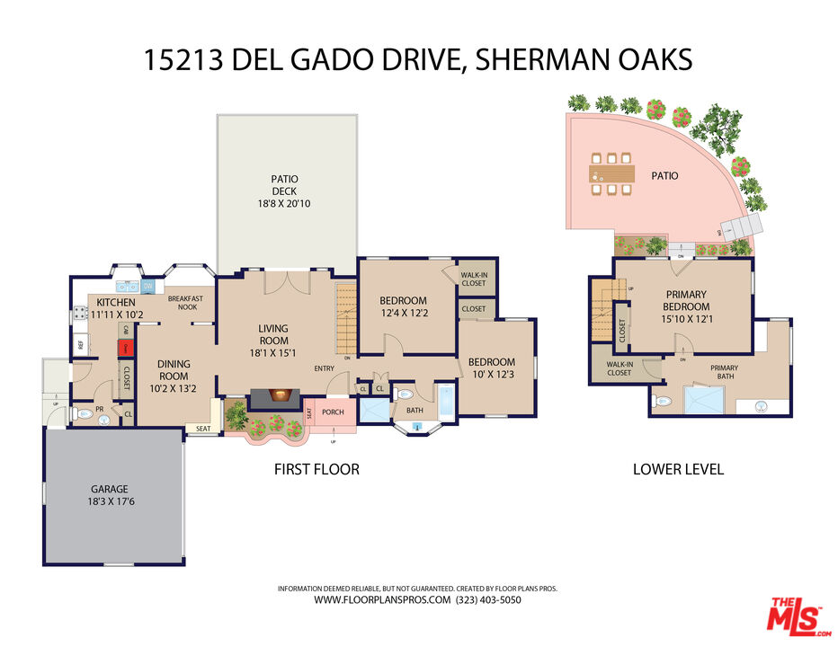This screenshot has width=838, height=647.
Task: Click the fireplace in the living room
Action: pos(277,396)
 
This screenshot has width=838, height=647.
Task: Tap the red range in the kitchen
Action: pos(127,347)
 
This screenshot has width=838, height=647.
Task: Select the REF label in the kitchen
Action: pos(80,344)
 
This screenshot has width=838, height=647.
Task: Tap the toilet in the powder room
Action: pos(84,414)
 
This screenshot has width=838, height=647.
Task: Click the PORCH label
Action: pos(334,412)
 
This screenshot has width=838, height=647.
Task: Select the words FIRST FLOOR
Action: pos(316,469)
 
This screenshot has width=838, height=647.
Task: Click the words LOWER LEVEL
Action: pos(678,469)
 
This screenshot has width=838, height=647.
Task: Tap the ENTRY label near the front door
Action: pos(324,368)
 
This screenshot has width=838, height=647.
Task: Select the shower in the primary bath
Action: pos(706,399)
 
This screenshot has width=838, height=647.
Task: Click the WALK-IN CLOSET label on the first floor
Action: pos(473,279)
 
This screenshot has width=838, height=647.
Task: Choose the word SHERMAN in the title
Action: pos(529,59)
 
